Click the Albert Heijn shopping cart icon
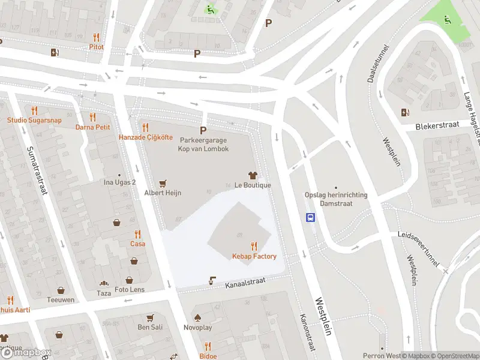click(163, 184)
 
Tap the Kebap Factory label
click(254, 257)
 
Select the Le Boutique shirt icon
click(253, 175)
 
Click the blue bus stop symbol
click(311, 218)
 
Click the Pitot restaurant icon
click(96, 37)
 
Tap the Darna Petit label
click(92, 127)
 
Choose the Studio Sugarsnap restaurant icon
click(34, 110)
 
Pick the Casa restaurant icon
click(138, 234)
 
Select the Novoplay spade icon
click(197, 317)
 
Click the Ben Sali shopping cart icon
click(150, 317)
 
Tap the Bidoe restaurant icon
click(208, 346)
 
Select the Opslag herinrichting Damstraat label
click(336, 199)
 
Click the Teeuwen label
click(62, 299)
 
